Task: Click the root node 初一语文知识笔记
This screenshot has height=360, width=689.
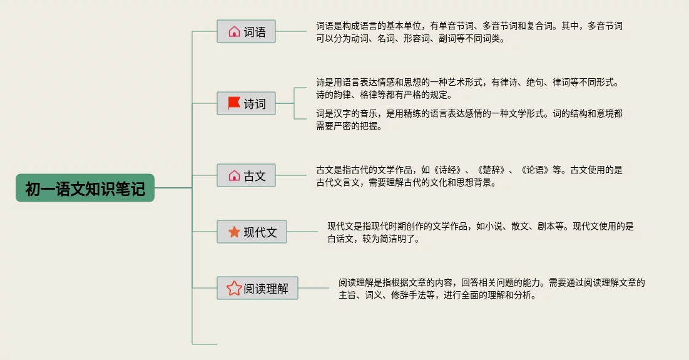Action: coord(85,188)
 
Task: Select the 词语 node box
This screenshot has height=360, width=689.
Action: coord(246,31)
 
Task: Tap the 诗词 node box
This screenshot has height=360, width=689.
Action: coord(246,103)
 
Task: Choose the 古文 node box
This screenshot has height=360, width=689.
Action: coord(246,175)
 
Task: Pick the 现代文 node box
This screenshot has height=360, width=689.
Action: coord(252,232)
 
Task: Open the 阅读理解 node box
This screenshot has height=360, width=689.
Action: coord(257,288)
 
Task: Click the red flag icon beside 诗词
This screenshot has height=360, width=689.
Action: coord(234,103)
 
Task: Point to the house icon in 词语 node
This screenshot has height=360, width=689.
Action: coord(234,31)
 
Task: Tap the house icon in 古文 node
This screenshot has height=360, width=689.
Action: coord(234,175)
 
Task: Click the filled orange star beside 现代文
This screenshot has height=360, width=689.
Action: coord(234,232)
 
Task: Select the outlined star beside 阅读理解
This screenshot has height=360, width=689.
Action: coord(234,288)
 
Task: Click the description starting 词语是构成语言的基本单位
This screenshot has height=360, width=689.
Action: coord(469,32)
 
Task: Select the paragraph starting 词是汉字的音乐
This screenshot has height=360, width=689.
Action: coord(469,119)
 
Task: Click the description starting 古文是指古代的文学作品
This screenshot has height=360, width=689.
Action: coord(469,176)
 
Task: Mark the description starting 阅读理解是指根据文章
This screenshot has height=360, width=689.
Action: coord(492,289)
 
